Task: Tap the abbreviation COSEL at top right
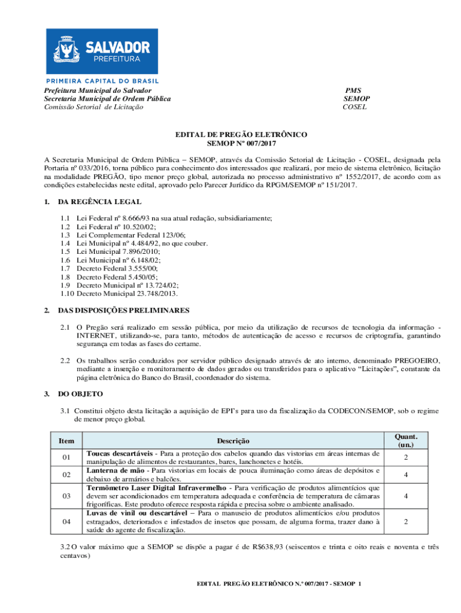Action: click(x=354, y=107)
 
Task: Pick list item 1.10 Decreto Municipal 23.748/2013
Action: click(x=119, y=293)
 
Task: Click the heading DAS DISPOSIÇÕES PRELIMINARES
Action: click(x=123, y=310)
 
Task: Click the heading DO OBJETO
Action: click(x=80, y=393)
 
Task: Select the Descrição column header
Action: click(x=233, y=441)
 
